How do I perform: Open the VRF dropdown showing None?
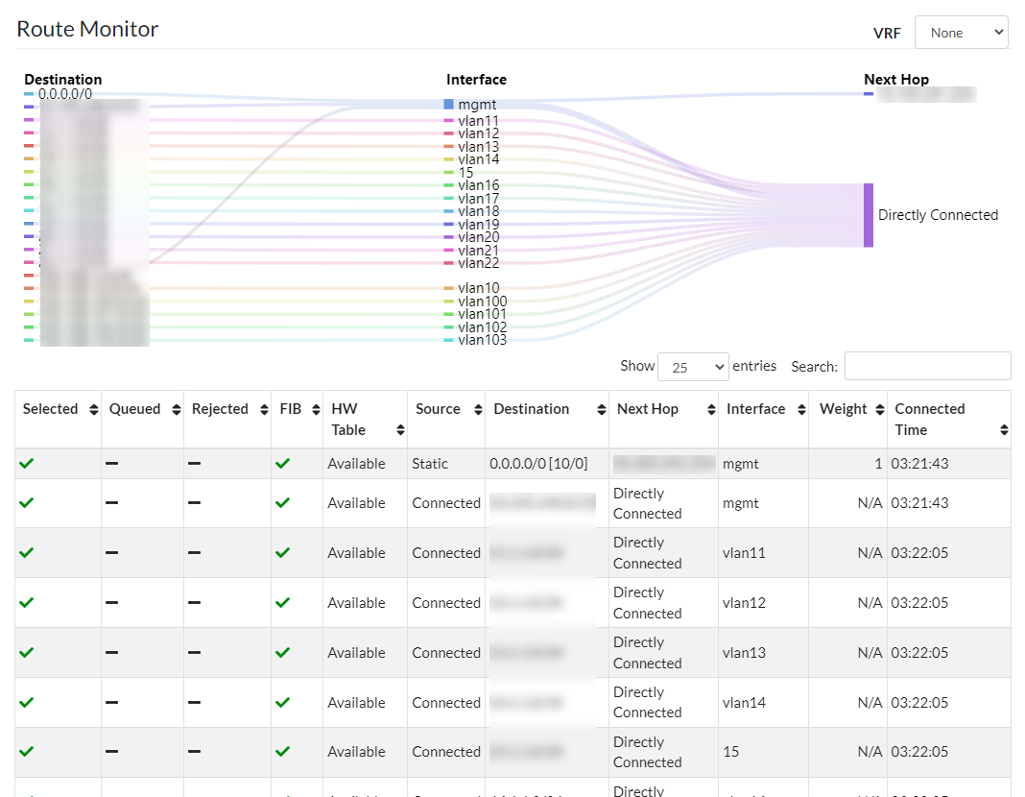pyautogui.click(x=961, y=32)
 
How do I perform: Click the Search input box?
pyautogui.click(x=927, y=366)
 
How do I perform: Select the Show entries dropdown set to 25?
pyautogui.click(x=693, y=367)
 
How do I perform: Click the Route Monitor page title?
pyautogui.click(x=87, y=29)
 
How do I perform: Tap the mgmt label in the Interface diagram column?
pyautogui.click(x=477, y=104)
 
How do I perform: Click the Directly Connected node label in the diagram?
pyautogui.click(x=938, y=215)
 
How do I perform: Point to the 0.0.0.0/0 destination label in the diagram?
pyautogui.click(x=65, y=94)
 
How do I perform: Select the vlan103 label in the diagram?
pyautogui.click(x=482, y=340)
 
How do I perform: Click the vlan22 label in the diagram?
pyautogui.click(x=478, y=263)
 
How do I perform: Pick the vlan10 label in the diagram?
pyautogui.click(x=478, y=288)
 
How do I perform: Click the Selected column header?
pyautogui.click(x=51, y=409)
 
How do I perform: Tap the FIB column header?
pyautogui.click(x=290, y=409)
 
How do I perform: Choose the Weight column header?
pyautogui.click(x=844, y=409)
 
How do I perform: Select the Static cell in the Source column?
pyautogui.click(x=430, y=464)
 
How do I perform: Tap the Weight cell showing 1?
pyautogui.click(x=877, y=464)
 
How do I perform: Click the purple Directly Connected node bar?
pyautogui.click(x=869, y=215)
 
